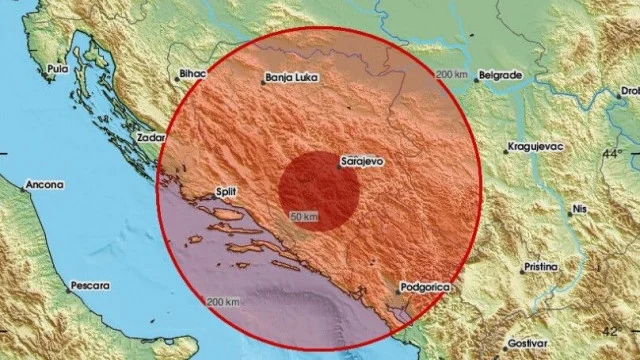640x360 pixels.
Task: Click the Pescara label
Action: click(90, 286)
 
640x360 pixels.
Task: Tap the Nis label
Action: click(578, 210)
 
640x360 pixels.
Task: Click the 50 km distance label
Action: click(305, 217)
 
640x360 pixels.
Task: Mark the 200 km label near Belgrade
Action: click(452, 76)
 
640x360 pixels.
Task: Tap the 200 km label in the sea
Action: click(223, 302)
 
